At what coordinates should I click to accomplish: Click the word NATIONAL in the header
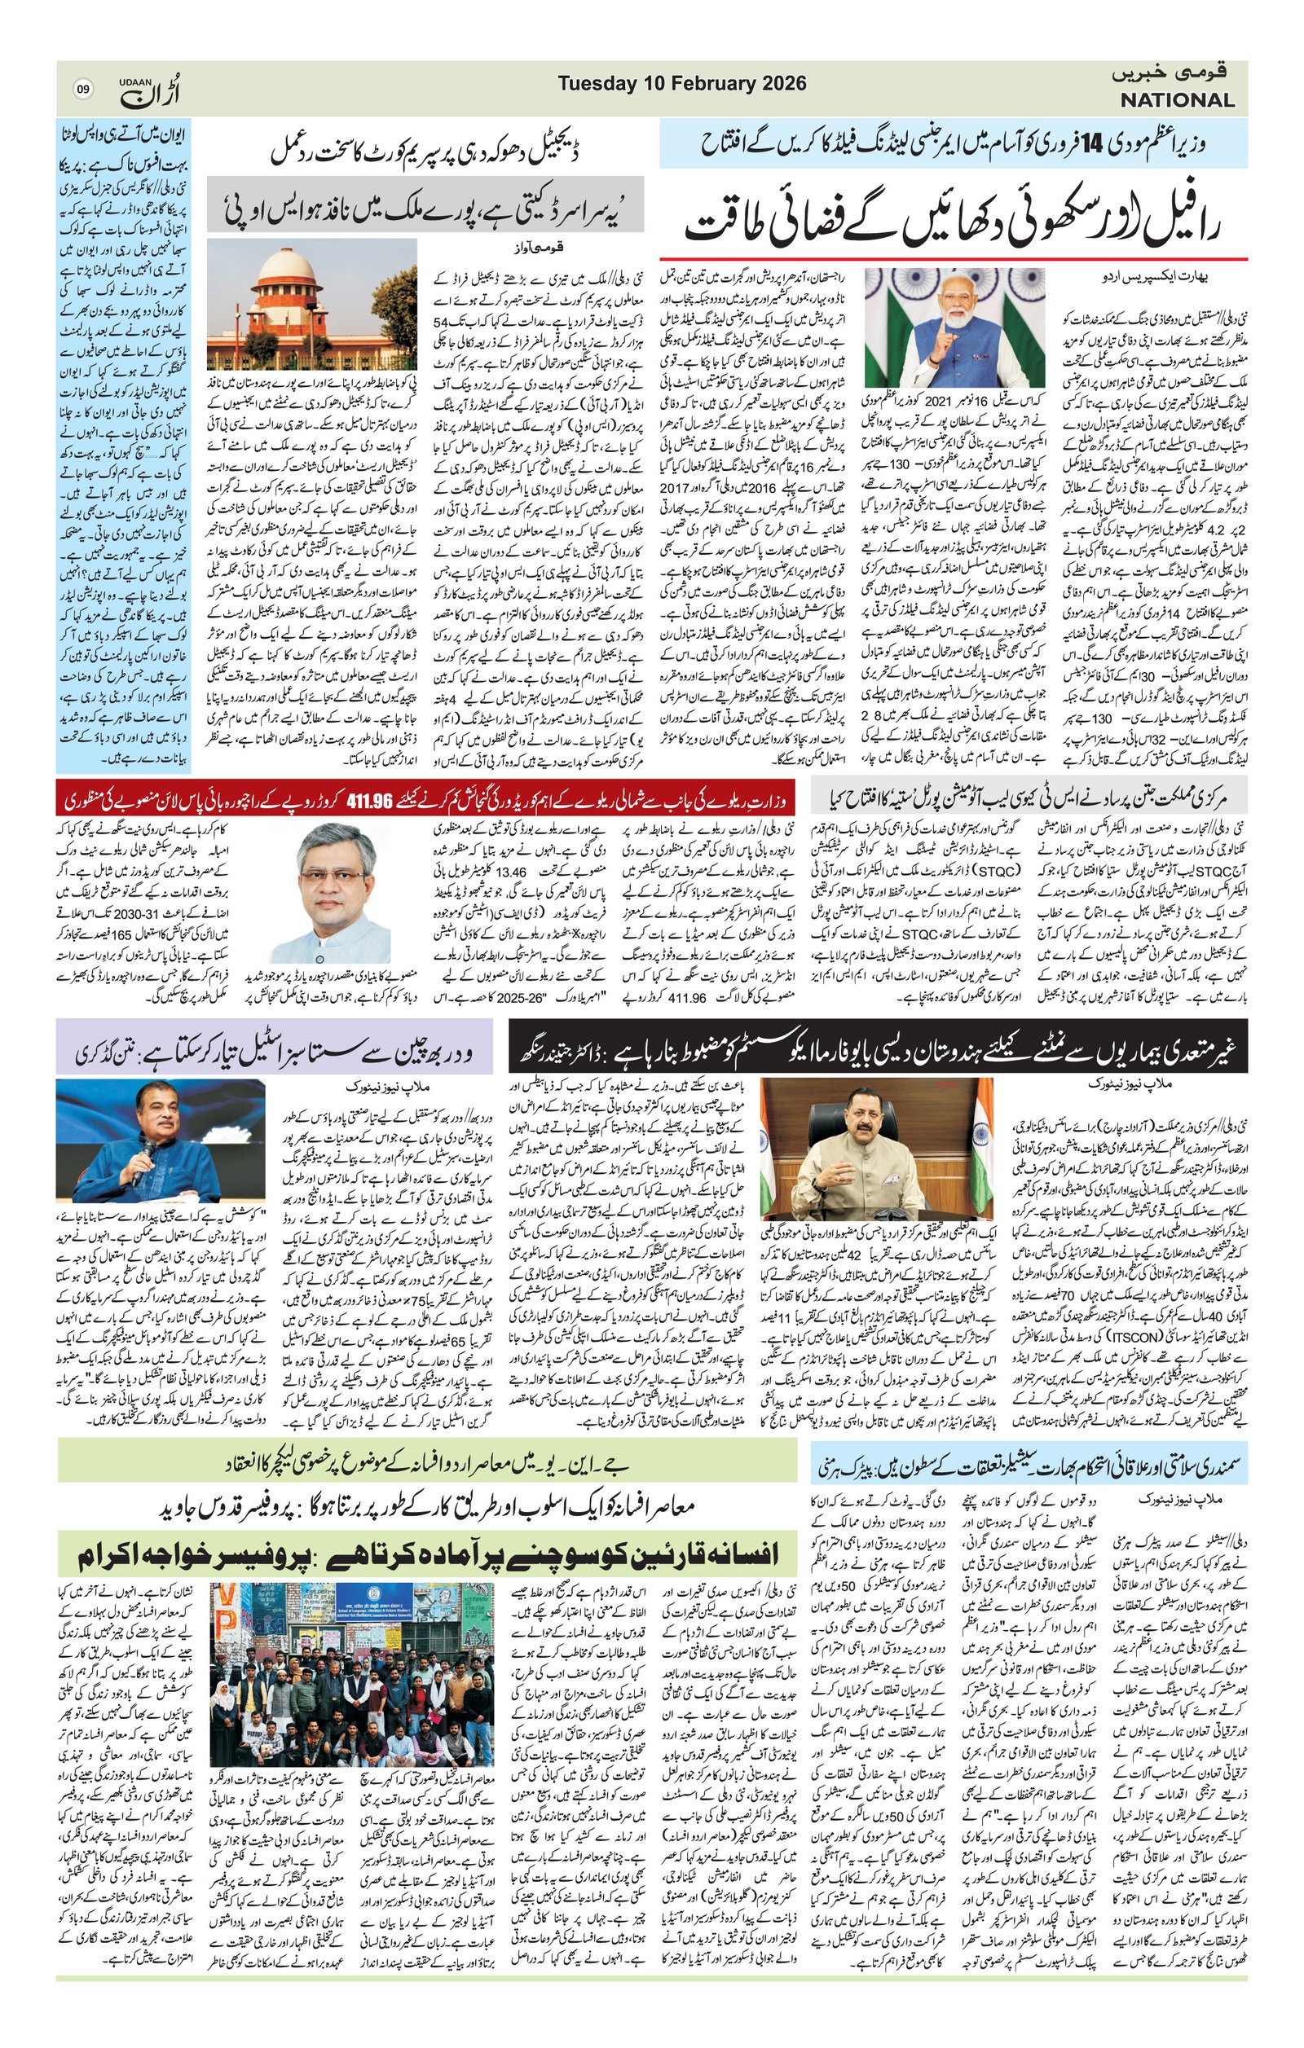coord(1176,100)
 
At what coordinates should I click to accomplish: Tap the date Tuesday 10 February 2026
coord(682,83)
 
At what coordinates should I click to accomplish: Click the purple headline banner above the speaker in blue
coord(274,1052)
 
